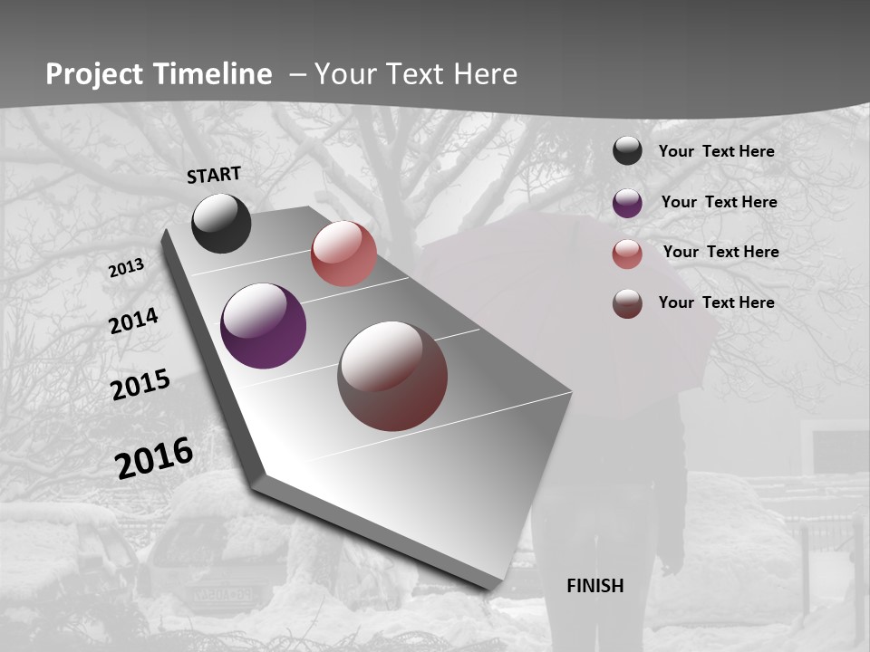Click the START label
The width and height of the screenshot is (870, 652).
coord(214,175)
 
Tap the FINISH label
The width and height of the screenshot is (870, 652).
coord(594,586)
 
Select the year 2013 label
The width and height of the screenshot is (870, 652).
coord(126,268)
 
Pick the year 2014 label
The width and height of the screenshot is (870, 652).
coord(133,321)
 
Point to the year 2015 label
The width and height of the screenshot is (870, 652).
coord(140,385)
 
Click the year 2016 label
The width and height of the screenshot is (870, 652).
coord(153,458)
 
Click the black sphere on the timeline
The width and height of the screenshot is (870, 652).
coord(221,223)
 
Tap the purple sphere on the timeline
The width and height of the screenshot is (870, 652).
coord(263,326)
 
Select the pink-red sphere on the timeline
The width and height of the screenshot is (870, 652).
coord(343,254)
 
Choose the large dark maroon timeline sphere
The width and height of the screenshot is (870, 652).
coord(392,376)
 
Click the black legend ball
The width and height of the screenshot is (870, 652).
coord(627,150)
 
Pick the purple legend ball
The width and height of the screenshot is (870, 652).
coord(627,203)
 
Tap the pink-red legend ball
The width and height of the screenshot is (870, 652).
coord(627,254)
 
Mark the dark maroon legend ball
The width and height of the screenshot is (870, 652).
coord(627,303)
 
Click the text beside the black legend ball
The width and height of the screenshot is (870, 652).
coord(716,151)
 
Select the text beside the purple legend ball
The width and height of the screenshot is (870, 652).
coord(719,202)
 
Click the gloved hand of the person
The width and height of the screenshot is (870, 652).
coord(671,562)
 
